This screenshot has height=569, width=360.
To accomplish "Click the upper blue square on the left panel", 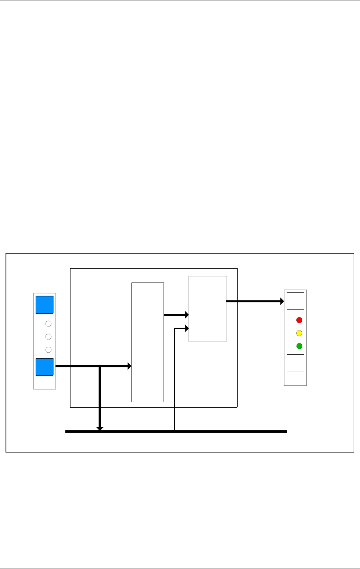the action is (44, 305).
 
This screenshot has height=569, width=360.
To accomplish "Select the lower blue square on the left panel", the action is (44, 367).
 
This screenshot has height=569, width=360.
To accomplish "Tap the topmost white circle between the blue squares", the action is (48, 324).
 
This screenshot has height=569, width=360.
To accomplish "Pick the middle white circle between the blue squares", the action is (48, 337).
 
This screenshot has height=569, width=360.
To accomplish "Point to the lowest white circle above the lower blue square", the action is (48, 349).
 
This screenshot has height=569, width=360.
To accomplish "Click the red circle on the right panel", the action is (299, 320).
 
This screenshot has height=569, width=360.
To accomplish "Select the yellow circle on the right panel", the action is (299, 333).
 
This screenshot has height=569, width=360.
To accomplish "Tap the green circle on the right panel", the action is (299, 346).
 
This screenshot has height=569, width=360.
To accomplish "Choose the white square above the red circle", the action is (295, 301).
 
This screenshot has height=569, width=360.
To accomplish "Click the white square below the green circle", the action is (295, 363).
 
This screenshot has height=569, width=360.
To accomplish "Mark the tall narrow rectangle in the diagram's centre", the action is (147, 342).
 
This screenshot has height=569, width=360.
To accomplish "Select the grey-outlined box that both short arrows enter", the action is (208, 309).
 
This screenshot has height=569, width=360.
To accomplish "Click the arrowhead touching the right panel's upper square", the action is (282, 302).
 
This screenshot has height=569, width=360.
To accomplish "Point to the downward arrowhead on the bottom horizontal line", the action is (100, 428).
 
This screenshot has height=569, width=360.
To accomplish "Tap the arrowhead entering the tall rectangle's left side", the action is (129, 367).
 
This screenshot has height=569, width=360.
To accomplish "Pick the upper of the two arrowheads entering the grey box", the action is (186, 315).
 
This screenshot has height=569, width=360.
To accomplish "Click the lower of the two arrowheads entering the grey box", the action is (186, 328).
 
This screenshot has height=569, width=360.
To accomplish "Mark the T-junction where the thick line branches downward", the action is (100, 367).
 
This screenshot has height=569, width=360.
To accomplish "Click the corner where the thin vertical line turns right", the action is (174, 328).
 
